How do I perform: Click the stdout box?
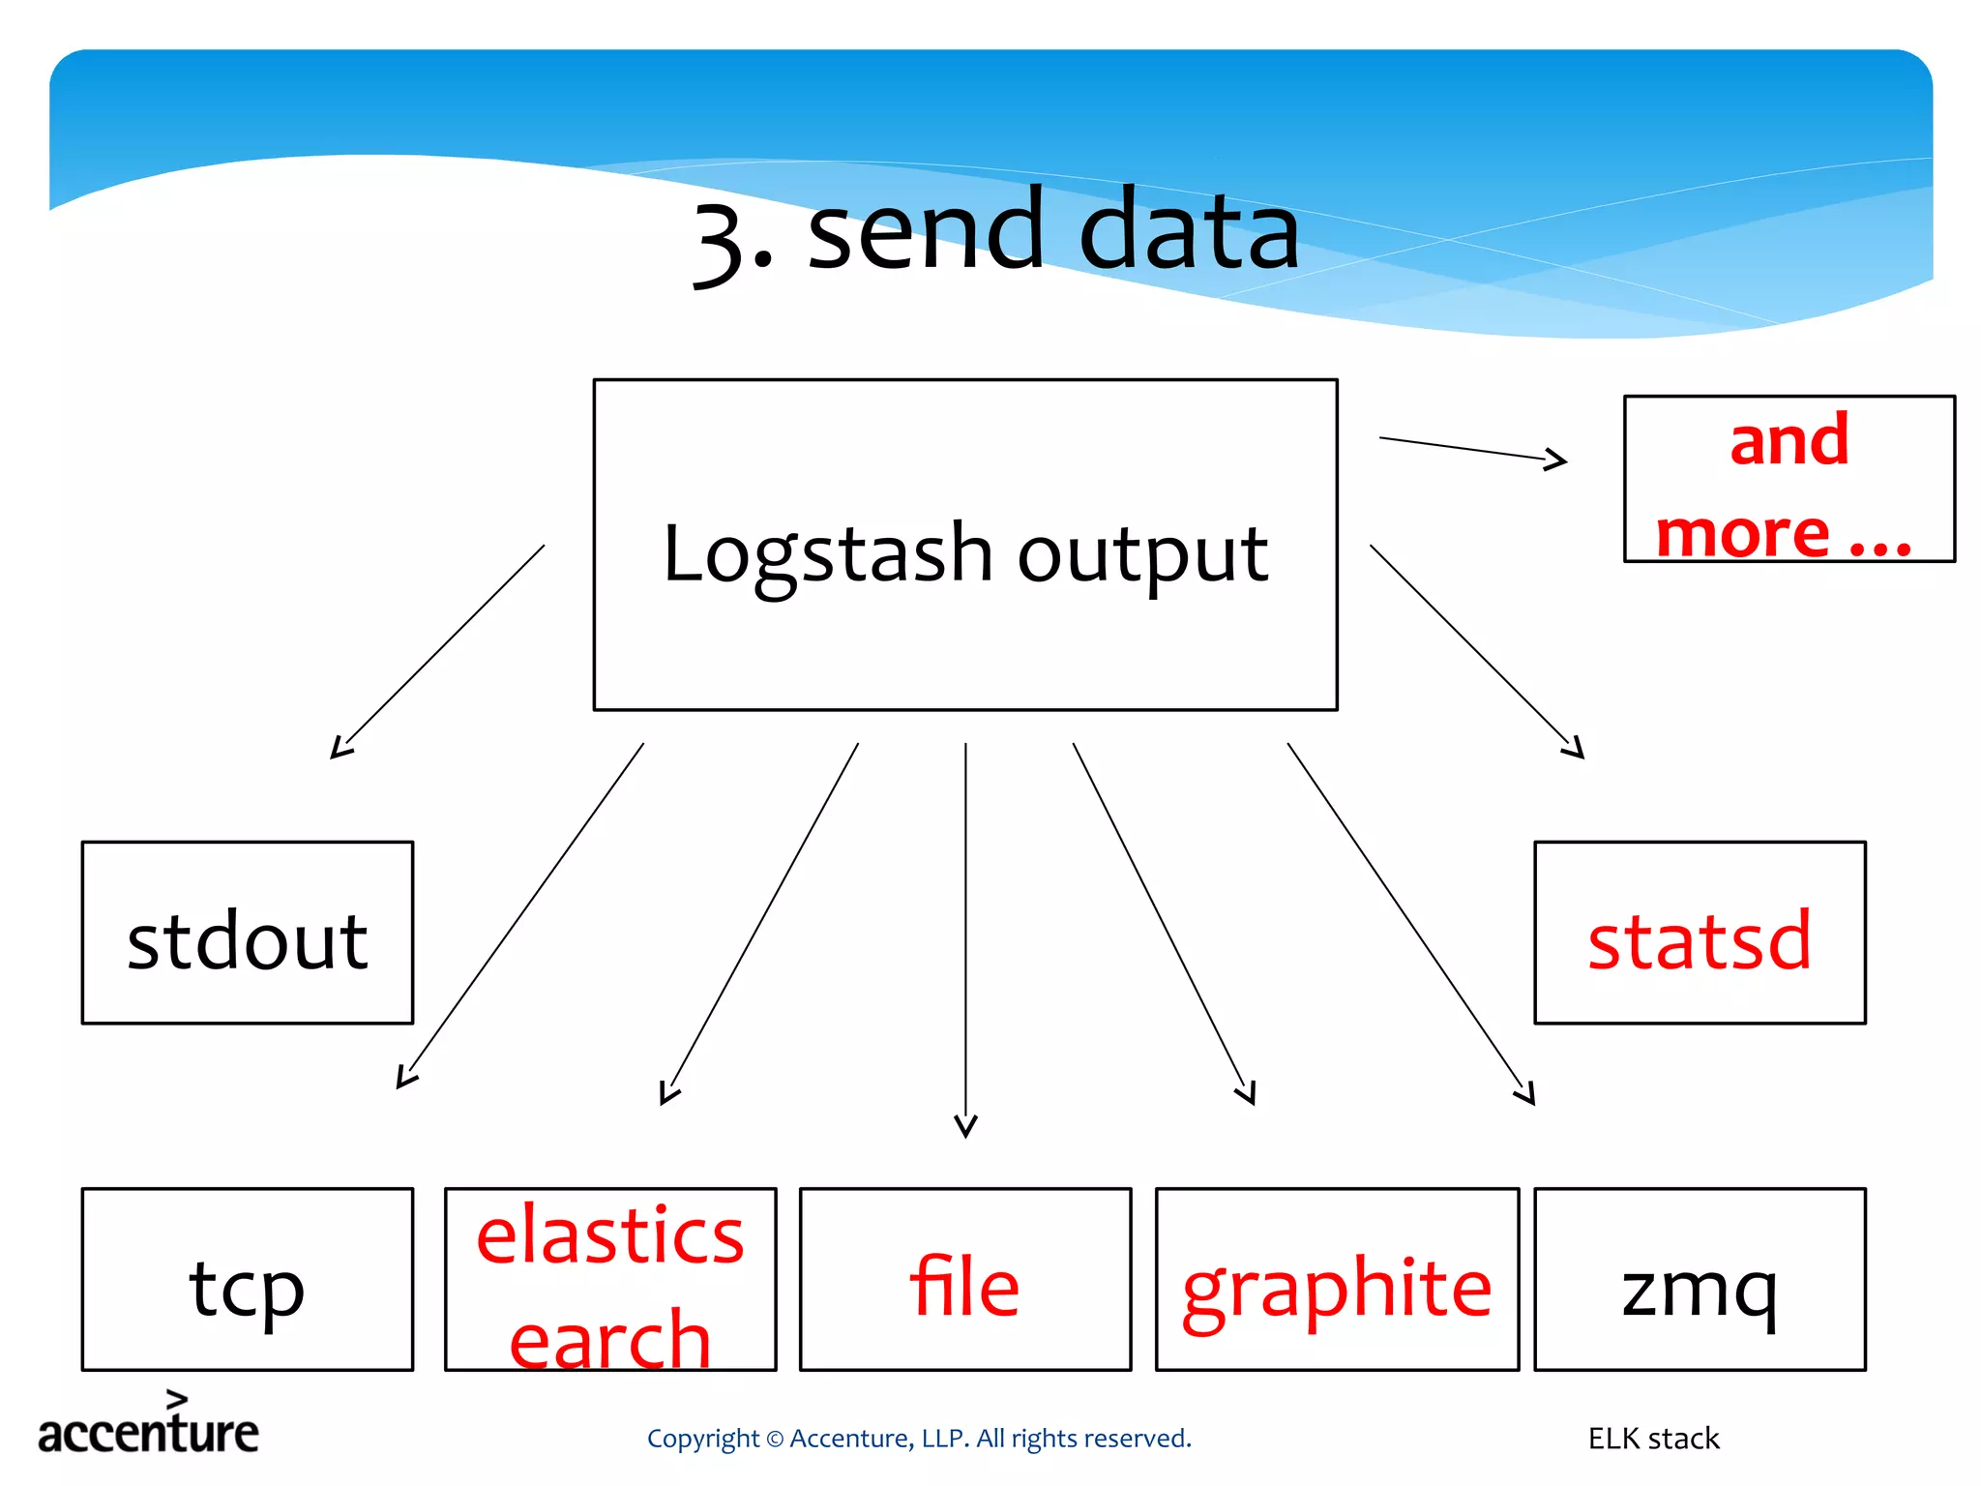click(x=248, y=933)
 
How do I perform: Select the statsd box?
click(x=1700, y=933)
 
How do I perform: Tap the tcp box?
click(x=248, y=1279)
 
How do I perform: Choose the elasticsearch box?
click(x=610, y=1279)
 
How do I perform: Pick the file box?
click(x=965, y=1279)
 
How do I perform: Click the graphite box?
click(x=1337, y=1279)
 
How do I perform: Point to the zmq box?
click(x=1700, y=1279)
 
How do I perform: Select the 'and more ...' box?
click(x=1789, y=479)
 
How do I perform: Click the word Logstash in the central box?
click(x=827, y=554)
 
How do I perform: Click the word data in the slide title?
click(x=1189, y=232)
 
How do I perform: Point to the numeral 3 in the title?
click(x=721, y=242)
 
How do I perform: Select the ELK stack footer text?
click(x=1653, y=1439)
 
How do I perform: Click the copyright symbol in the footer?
click(x=774, y=1440)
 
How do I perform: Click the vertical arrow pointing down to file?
click(x=965, y=938)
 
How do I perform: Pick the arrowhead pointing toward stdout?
click(x=340, y=748)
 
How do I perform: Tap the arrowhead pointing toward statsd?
click(x=1575, y=748)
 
